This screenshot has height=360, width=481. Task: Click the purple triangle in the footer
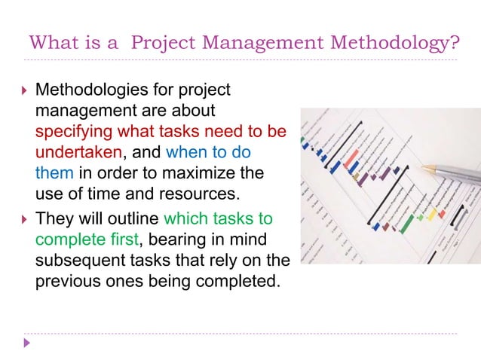click(27, 343)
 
